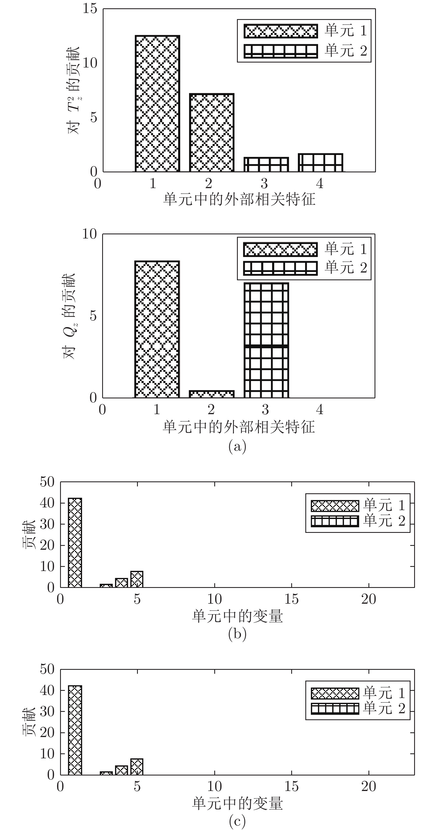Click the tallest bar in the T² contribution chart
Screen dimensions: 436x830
coord(157,103)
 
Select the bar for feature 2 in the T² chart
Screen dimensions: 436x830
coord(211,133)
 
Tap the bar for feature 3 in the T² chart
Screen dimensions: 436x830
coord(266,164)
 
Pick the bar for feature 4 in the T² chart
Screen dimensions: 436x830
coord(321,163)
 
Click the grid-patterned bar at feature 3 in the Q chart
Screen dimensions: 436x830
coord(266,340)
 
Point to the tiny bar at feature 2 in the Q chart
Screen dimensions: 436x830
coord(211,394)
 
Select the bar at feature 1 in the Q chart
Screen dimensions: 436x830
coord(157,329)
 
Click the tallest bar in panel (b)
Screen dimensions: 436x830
coord(75,543)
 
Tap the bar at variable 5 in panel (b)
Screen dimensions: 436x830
coord(137,579)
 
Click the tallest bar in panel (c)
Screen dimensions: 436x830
coord(75,730)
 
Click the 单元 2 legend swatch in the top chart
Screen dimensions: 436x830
coord(280,51)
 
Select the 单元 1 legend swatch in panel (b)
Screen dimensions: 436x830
coord(335,506)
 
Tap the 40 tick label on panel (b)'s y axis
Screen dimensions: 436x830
coord(47,503)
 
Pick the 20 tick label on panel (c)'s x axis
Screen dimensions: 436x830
coord(369,787)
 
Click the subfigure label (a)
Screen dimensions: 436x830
coord(237,447)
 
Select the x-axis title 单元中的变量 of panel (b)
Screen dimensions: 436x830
coord(237,616)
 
